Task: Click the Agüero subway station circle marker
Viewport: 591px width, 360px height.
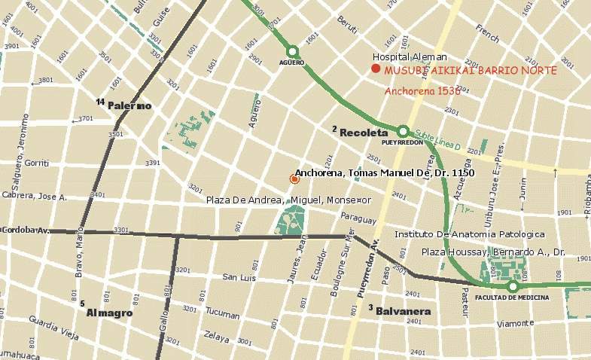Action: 293,51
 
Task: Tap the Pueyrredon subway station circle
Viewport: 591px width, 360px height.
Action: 403,131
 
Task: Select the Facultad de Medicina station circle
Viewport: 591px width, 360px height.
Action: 513,286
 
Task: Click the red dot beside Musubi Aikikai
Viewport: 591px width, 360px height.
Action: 375,69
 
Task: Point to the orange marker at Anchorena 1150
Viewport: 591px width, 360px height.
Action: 294,178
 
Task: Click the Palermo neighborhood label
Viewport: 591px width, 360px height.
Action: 129,105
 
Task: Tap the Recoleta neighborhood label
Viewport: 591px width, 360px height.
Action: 364,133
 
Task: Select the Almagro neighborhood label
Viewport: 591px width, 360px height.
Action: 110,312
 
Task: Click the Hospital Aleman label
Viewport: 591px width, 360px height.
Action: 410,56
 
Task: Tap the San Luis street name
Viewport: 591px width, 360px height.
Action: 239,278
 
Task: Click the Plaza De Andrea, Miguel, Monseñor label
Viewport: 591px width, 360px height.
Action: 289,200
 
